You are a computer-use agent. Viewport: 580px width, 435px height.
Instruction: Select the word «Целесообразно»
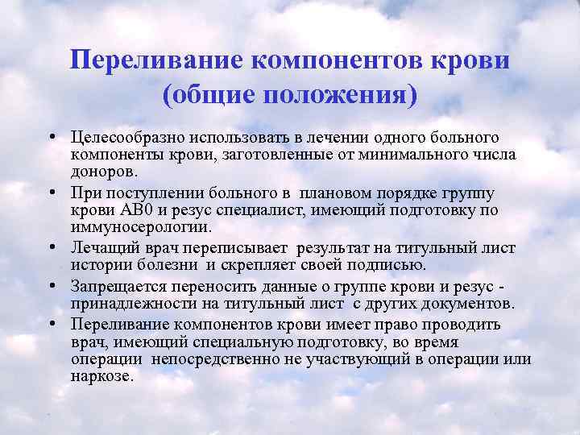124,139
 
